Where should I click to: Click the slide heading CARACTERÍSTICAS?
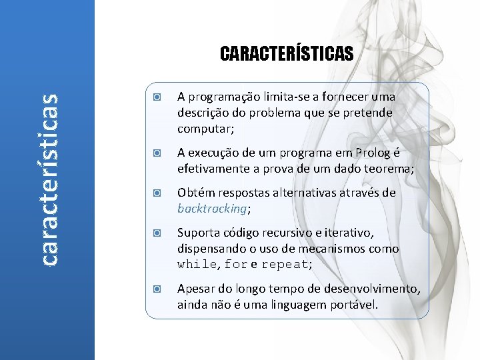tap(287, 53)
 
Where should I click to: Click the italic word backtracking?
tap(211, 209)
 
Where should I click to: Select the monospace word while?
tap(197, 265)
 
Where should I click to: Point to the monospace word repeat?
tap(285, 265)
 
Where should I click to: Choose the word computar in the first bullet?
tap(203, 129)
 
